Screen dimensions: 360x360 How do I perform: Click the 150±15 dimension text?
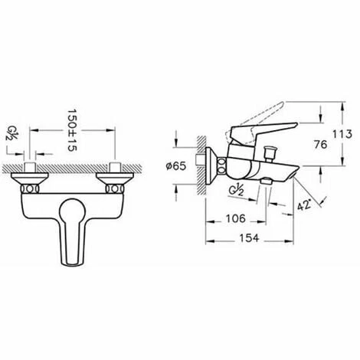[x=73, y=130]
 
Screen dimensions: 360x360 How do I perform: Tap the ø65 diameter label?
[x=176, y=166]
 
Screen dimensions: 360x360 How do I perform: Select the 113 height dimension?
[x=342, y=134]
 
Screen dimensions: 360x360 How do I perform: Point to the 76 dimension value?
[x=320, y=145]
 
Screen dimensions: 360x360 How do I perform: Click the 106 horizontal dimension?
[x=235, y=218]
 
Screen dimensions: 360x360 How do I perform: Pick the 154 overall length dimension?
[x=249, y=238]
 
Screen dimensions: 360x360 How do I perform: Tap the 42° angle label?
[x=305, y=204]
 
